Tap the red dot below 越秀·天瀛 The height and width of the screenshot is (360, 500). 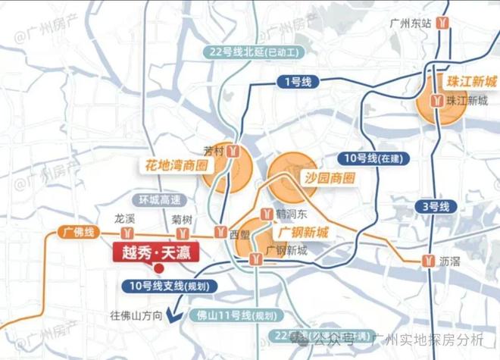[158, 267]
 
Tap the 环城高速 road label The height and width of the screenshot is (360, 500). [160, 200]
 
